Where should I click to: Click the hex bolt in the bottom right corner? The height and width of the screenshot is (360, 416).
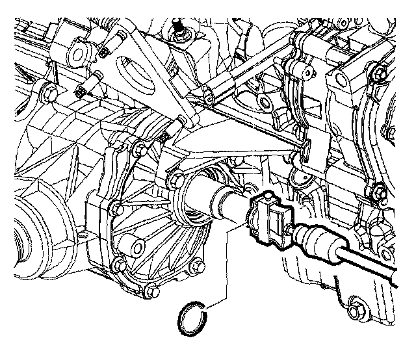coord(357,305)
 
